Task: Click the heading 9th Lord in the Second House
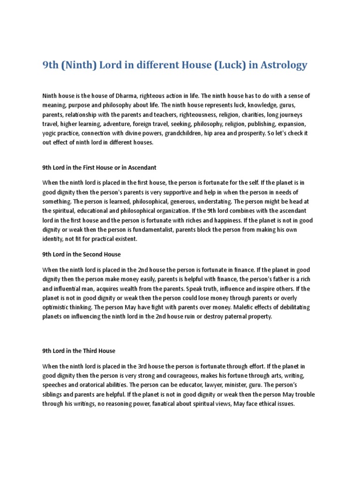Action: click(x=82, y=255)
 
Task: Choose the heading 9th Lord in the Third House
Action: click(x=79, y=351)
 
